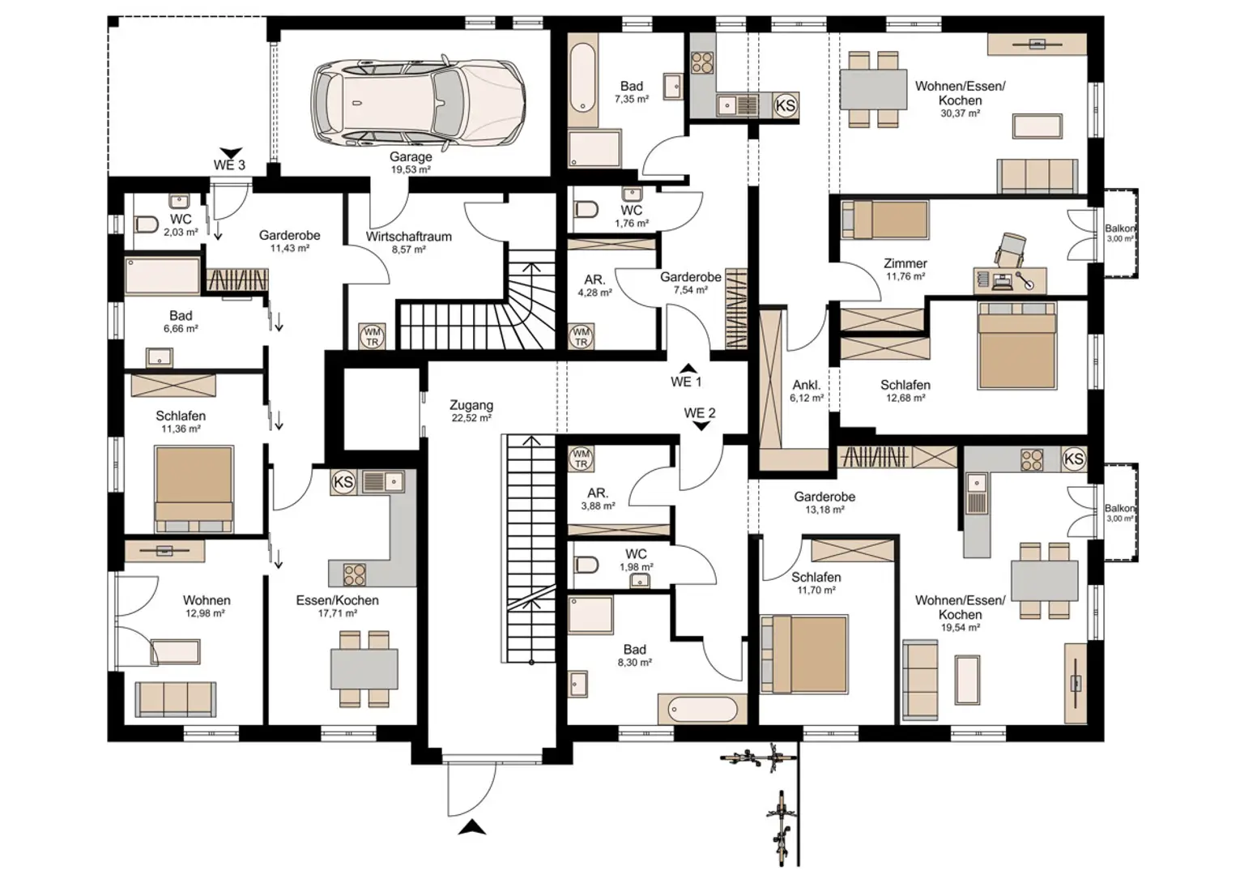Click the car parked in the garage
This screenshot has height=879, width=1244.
coord(418,103)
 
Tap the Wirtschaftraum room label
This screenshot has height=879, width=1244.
coord(408,237)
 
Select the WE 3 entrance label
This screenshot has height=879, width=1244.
coord(229,164)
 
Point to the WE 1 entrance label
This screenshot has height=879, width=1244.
coord(686,382)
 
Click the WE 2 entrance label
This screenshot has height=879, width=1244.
coord(700,413)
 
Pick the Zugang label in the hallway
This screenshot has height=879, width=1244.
coord(471,405)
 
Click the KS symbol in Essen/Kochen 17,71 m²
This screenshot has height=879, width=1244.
coord(343,482)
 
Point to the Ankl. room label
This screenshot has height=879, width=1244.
coord(807,385)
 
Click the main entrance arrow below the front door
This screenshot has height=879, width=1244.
coord(471,826)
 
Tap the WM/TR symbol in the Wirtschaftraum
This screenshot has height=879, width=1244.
coord(372,336)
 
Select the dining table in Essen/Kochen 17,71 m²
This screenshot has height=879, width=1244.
coord(364,668)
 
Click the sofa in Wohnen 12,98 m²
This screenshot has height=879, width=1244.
coord(175,698)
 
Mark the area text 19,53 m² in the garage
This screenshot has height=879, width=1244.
coord(411,170)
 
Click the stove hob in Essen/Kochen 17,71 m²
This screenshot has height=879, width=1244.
coord(355,574)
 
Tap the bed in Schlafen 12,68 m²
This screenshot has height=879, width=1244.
coord(1016,346)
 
